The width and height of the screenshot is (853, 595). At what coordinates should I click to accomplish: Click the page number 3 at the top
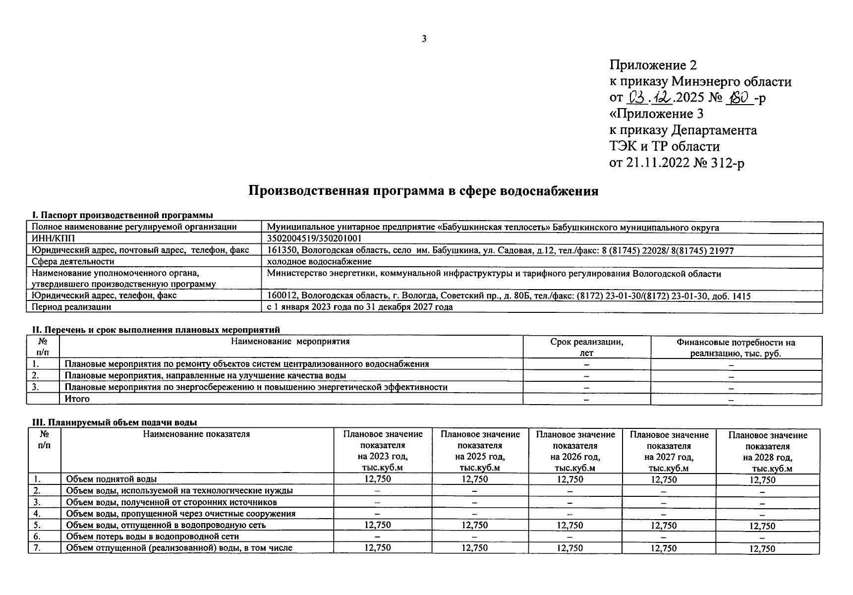[424, 39]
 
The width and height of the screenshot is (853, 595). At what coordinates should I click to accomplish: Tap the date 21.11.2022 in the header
[658, 163]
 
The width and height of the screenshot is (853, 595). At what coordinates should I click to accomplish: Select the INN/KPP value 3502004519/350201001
[314, 238]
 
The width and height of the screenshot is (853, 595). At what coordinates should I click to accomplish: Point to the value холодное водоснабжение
[319, 261]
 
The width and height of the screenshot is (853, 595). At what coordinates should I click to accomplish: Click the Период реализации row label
[71, 307]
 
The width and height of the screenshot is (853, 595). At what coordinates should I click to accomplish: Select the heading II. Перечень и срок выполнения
[156, 330]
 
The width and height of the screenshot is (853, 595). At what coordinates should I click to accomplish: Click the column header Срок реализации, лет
[586, 347]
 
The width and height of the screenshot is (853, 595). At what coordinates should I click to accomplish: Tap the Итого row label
[77, 399]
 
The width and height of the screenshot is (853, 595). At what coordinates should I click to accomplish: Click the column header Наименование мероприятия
[290, 342]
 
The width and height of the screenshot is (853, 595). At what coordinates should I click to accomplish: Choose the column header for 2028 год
[768, 452]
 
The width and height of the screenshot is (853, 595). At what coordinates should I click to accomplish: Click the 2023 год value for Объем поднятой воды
[378, 479]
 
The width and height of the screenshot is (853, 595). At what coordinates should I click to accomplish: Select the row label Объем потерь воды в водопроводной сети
[153, 536]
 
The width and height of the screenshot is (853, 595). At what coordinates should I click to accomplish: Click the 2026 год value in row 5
[570, 525]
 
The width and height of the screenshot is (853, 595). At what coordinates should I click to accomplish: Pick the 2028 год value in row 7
[762, 548]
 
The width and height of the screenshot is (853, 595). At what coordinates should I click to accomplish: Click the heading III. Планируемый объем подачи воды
[114, 422]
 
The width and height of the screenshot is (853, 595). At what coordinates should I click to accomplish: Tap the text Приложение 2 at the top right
[653, 65]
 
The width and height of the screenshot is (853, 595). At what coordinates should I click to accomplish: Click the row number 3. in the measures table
[36, 387]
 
